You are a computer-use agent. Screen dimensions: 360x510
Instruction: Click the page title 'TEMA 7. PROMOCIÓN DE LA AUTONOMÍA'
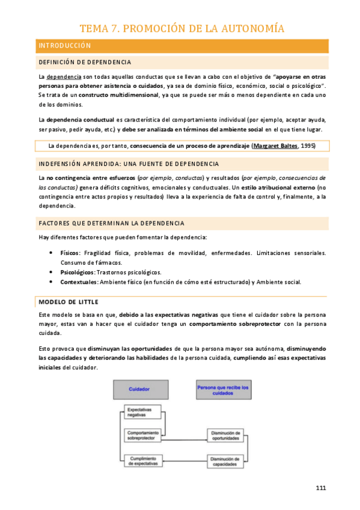pyautogui.click(x=182, y=28)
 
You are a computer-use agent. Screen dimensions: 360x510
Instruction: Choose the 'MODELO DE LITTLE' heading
pyautogui.click(x=68, y=301)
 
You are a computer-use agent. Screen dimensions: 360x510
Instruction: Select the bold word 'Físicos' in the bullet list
pyautogui.click(x=70, y=253)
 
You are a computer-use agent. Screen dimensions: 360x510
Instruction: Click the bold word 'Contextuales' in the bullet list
pyautogui.click(x=79, y=282)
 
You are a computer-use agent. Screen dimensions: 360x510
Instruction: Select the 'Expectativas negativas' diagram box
pyautogui.click(x=142, y=412)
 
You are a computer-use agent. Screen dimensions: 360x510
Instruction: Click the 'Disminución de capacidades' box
pyautogui.click(x=225, y=461)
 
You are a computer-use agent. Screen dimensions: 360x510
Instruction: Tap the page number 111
pyautogui.click(x=321, y=488)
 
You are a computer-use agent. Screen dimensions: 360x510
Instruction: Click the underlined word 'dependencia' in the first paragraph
pyautogui.click(x=64, y=78)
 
